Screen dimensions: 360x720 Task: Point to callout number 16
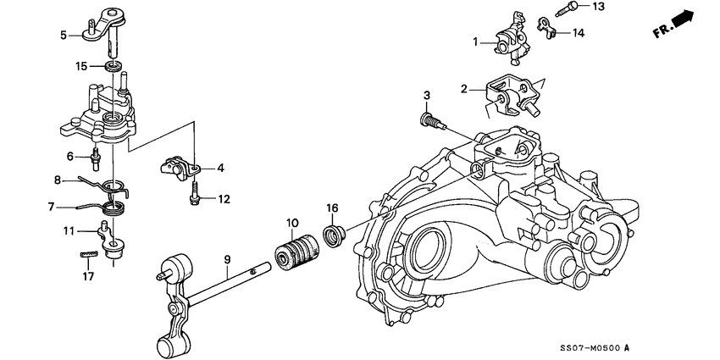333,208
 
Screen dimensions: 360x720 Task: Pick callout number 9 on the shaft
227,260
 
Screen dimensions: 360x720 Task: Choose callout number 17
88,275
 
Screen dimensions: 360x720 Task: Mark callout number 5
64,35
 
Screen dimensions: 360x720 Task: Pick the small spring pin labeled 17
88,252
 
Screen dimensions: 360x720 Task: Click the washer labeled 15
112,66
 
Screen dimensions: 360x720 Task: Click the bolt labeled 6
97,157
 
